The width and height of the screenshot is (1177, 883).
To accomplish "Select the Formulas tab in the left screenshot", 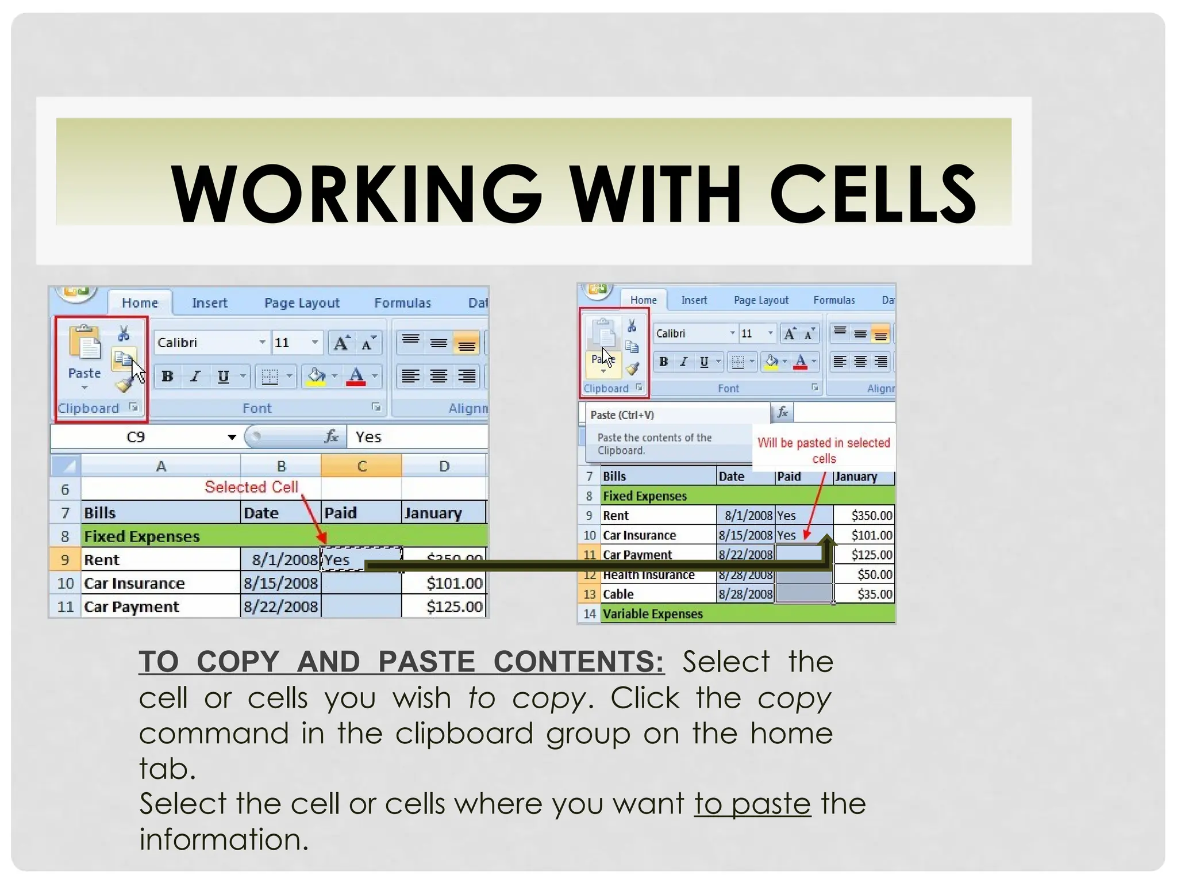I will point(402,303).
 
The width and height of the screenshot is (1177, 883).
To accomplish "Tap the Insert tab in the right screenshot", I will point(694,300).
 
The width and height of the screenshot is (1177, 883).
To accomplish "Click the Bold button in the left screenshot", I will point(167,377).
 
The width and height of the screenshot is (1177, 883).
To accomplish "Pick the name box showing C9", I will point(144,437).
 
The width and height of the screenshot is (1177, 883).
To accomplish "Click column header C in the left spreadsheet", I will point(361,466).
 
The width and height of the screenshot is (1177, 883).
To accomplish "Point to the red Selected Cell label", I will point(251,487).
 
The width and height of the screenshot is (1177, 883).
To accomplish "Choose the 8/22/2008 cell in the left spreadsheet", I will point(280,607).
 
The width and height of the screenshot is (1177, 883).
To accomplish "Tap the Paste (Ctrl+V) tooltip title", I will point(622,415).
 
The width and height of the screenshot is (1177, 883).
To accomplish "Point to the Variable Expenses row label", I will point(652,614).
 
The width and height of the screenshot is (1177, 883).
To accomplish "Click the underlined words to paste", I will point(752,804).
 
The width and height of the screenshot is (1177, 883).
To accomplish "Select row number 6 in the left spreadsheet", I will point(65,490).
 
